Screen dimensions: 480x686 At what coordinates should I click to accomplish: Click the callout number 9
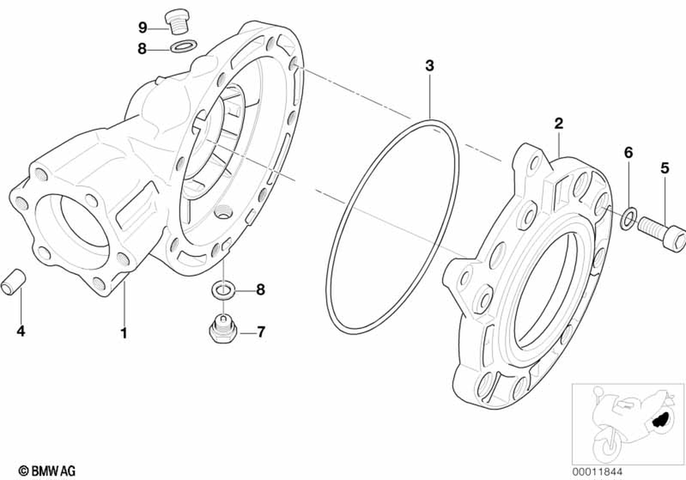(143, 27)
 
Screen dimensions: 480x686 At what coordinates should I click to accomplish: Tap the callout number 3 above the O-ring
(429, 67)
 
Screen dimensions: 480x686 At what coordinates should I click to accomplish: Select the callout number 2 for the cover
(558, 123)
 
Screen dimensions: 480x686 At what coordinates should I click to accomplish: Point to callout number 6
(628, 153)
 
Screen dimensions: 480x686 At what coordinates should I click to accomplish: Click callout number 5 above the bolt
(664, 167)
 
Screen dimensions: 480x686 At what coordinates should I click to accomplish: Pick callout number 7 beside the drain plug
(260, 333)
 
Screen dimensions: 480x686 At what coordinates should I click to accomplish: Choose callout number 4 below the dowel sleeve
(21, 331)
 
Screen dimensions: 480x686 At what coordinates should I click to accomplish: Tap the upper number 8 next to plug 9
(143, 48)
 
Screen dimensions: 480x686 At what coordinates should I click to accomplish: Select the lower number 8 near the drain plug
(260, 290)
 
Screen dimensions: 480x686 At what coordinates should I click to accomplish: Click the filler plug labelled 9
(178, 21)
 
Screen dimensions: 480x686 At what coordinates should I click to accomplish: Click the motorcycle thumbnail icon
(626, 422)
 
